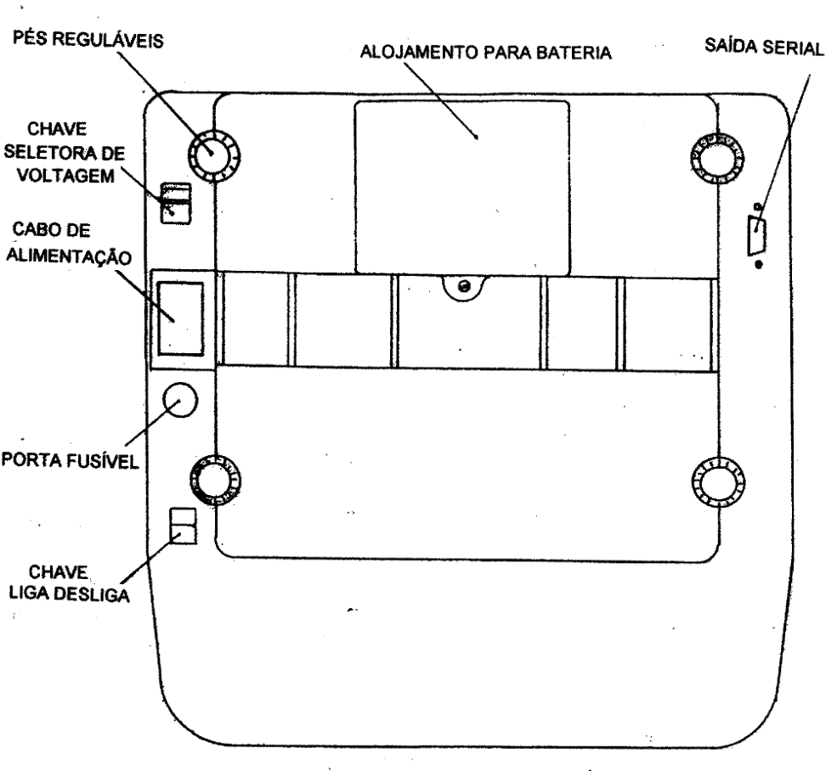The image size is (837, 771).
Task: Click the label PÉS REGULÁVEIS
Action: tap(88, 39)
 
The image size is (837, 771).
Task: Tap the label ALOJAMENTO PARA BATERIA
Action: tap(486, 53)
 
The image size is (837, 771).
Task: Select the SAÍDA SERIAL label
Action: tap(765, 47)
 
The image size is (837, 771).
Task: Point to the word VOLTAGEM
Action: tap(65, 176)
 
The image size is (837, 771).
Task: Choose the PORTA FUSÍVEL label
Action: tap(70, 460)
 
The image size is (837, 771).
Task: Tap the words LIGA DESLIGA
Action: tap(70, 594)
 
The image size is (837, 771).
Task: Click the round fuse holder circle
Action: tap(180, 399)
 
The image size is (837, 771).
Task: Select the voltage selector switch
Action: tap(176, 203)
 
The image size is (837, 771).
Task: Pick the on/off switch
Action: tap(183, 526)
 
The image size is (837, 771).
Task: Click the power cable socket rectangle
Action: tap(180, 318)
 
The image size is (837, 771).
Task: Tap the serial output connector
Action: tap(757, 235)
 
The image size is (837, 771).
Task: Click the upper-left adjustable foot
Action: tap(214, 155)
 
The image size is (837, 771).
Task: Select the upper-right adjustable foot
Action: tap(717, 159)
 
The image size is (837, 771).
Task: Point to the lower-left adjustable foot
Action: tap(216, 481)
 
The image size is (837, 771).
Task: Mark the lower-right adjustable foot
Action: tap(718, 483)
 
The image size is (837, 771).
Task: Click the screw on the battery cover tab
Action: tap(465, 286)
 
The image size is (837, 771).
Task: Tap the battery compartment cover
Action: tap(462, 188)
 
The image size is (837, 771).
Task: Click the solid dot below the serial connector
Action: tap(759, 264)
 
